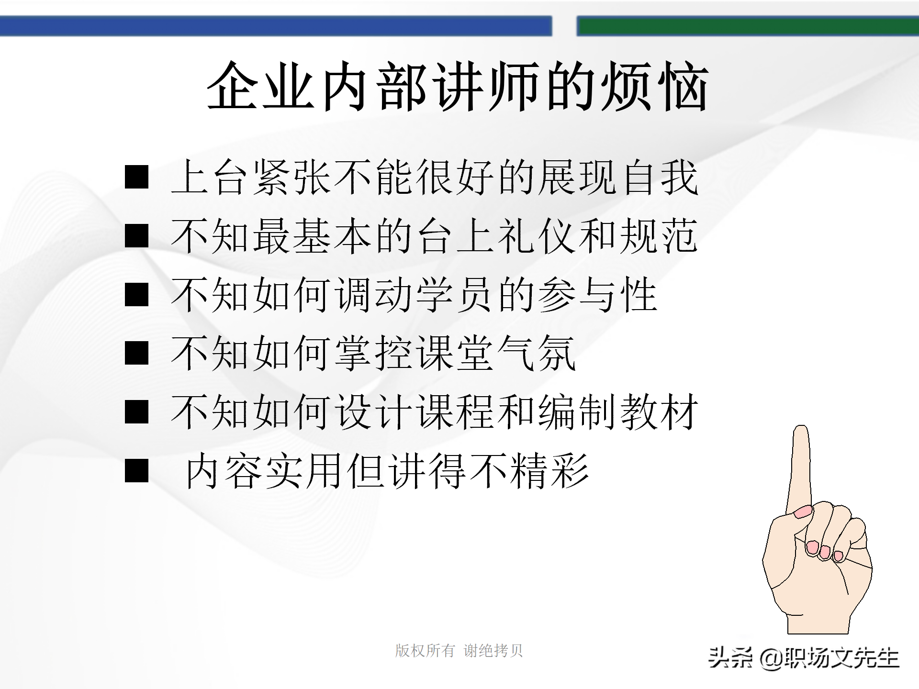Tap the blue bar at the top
(276, 26)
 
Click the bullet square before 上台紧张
(136, 177)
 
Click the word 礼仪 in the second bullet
(536, 236)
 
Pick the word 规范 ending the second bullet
(659, 236)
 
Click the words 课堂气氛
(495, 354)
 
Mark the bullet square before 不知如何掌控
(136, 354)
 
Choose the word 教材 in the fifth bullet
(659, 412)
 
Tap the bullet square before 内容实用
(136, 471)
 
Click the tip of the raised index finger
(801, 431)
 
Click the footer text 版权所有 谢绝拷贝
(459, 651)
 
